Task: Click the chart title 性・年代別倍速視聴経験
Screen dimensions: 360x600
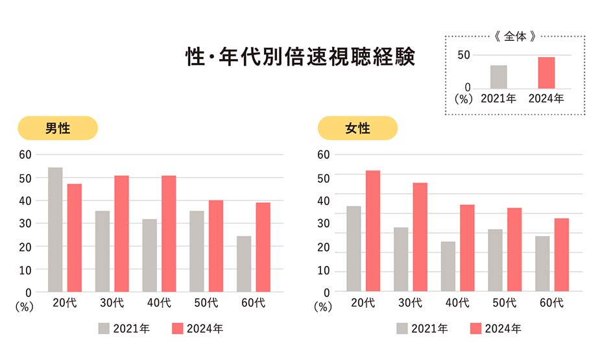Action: [x=300, y=56]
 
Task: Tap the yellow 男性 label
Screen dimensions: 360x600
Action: [x=58, y=128]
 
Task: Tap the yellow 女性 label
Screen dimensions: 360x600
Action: [x=357, y=128]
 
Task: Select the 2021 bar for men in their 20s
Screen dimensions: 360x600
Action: [x=55, y=230]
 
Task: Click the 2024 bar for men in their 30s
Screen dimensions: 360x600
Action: [x=122, y=234]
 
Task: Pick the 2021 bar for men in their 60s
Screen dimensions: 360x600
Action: [x=244, y=264]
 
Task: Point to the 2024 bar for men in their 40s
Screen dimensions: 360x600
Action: [x=169, y=234]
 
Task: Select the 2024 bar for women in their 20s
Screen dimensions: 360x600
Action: [x=372, y=231]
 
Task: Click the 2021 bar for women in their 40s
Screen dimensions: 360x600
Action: [x=448, y=267]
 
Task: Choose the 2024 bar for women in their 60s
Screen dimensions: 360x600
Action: [x=562, y=255]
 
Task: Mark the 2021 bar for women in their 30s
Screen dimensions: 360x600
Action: [x=401, y=259]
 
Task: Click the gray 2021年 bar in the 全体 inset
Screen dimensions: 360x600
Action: [x=499, y=77]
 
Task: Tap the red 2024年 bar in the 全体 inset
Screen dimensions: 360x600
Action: [x=546, y=73]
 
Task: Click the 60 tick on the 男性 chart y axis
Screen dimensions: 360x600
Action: [x=25, y=154]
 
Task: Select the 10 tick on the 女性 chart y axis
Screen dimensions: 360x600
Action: [x=323, y=270]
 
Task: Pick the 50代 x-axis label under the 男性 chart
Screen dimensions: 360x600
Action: [x=206, y=302]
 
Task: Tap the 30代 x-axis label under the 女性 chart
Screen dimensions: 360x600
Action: [x=411, y=302]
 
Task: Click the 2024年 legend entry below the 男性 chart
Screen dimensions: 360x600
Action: [x=198, y=329]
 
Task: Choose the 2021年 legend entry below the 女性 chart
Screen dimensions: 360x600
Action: [x=422, y=329]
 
